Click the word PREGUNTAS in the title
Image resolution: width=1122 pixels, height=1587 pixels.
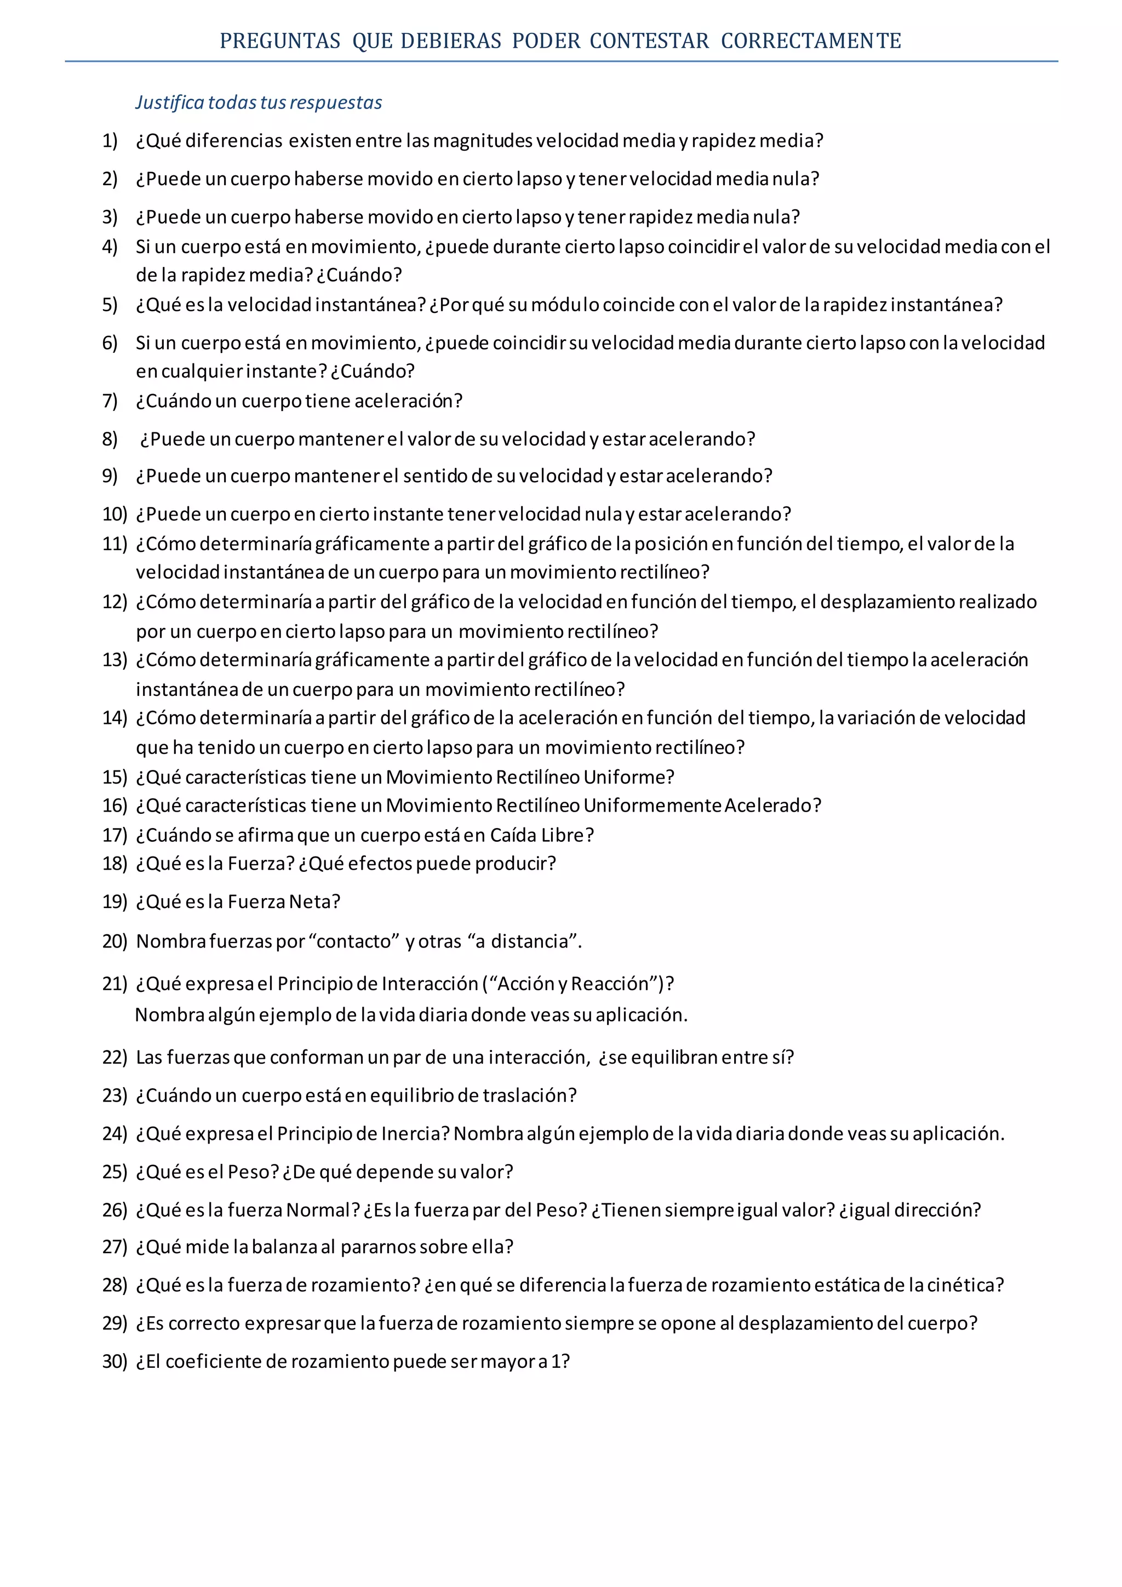click(280, 42)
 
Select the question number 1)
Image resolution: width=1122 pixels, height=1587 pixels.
click(110, 141)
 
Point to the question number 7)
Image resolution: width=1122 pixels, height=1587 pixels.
click(110, 401)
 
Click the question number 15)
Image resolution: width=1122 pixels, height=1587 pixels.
click(115, 777)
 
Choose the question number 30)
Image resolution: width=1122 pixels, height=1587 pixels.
click(115, 1361)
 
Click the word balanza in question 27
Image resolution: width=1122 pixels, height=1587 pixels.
click(284, 1246)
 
